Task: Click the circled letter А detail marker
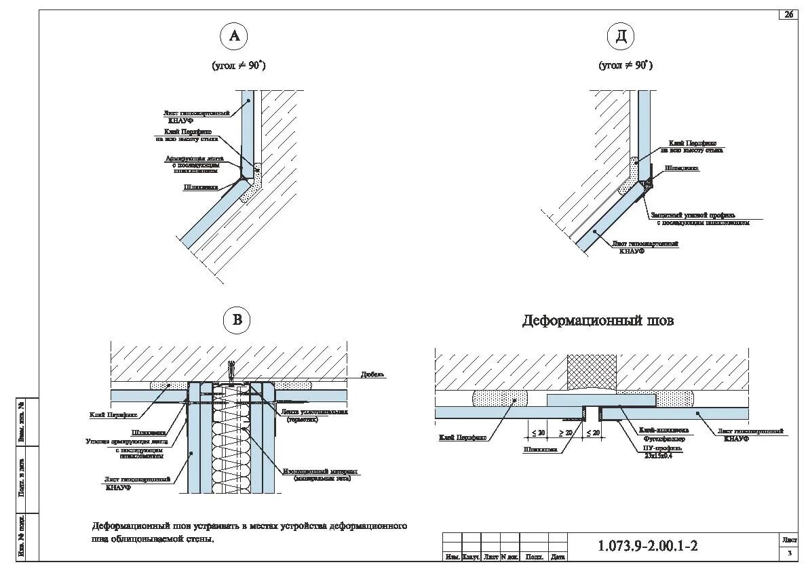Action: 235,37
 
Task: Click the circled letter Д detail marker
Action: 621,37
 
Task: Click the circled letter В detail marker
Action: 237,319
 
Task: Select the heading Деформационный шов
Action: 598,321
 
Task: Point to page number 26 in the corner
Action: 789,15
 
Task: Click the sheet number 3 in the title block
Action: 789,554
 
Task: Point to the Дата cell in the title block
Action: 558,557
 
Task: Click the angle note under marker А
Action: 239,66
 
